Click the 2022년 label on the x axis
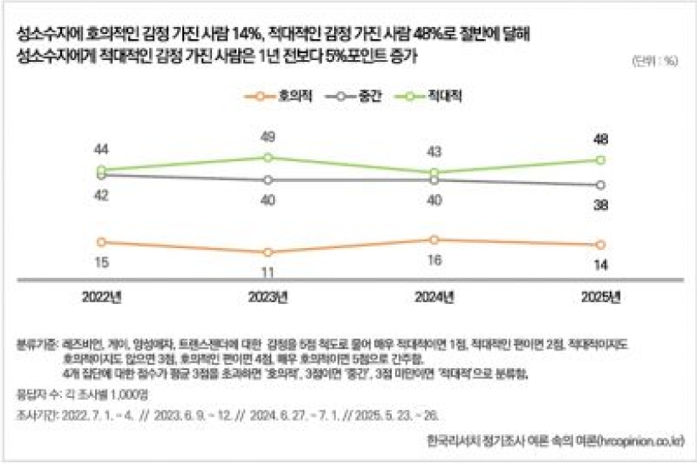click(x=102, y=297)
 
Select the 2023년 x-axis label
click(x=268, y=297)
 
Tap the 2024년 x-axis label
click(x=433, y=297)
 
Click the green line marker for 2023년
click(x=268, y=157)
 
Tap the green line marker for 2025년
click(x=600, y=160)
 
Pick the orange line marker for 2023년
click(x=268, y=252)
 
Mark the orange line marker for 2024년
click(x=434, y=240)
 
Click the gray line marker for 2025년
click(x=600, y=185)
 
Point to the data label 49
click(x=268, y=137)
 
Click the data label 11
click(x=268, y=273)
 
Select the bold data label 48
click(x=600, y=139)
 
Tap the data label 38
click(x=600, y=205)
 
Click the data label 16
click(x=434, y=260)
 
